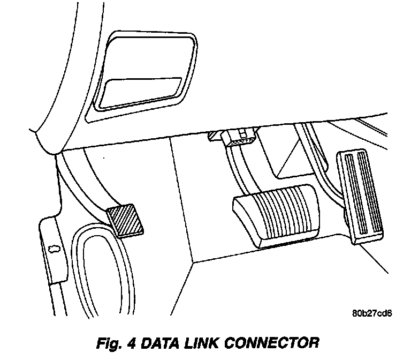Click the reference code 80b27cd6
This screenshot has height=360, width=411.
point(372,313)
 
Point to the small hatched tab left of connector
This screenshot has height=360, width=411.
point(214,137)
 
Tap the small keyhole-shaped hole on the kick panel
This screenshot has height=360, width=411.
point(54,248)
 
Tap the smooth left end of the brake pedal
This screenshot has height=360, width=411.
point(242,212)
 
